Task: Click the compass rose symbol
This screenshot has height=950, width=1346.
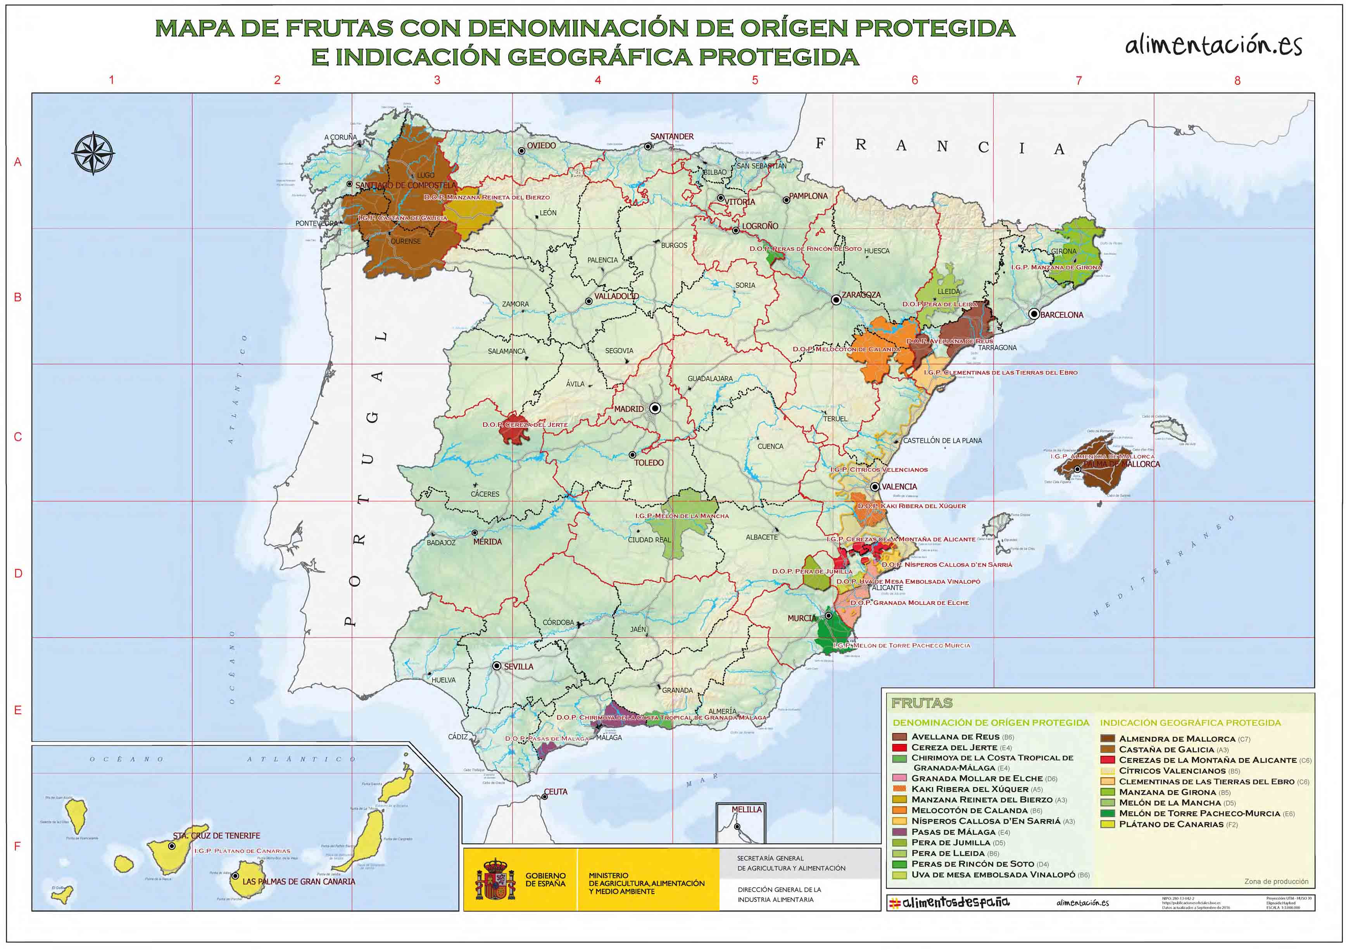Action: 93,153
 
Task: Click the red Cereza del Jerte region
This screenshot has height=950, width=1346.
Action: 514,434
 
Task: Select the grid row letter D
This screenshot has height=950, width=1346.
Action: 17,573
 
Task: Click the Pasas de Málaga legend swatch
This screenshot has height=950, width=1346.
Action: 899,832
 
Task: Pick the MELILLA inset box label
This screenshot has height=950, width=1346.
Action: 746,809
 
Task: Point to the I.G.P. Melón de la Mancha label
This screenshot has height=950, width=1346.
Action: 682,516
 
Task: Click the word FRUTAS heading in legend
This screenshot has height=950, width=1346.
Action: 921,703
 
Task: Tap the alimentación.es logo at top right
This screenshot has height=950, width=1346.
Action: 1213,45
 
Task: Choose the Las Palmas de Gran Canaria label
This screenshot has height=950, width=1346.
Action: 299,881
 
